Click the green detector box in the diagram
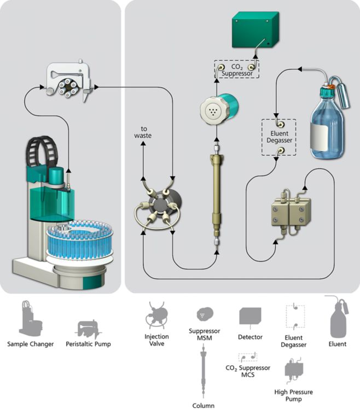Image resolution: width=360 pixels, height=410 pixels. click(255, 30)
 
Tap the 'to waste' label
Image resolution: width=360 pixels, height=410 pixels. click(143, 132)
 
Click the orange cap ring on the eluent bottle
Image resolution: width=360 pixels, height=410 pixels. click(332, 86)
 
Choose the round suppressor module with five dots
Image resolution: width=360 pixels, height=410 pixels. click(219, 109)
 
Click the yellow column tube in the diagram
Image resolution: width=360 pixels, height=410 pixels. click(216, 196)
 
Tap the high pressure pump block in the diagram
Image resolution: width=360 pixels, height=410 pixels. click(291, 213)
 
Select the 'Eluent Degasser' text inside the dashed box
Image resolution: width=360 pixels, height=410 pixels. click(279, 137)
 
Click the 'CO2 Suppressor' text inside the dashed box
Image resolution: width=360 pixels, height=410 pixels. click(237, 70)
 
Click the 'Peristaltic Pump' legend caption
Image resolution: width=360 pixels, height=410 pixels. click(88, 344)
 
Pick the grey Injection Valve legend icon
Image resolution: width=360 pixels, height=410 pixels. click(156, 315)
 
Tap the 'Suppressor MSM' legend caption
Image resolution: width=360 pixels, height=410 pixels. click(204, 335)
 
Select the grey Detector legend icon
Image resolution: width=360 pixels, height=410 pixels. click(250, 317)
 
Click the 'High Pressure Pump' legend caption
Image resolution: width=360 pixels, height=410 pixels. click(293, 395)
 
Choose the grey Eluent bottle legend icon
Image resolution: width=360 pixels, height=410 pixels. click(338, 318)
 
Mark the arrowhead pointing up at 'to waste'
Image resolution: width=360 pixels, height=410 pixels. click(143, 143)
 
